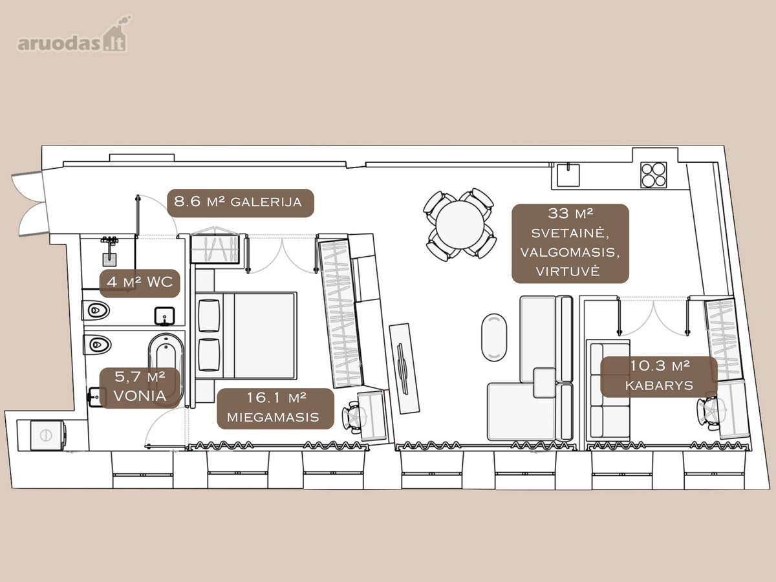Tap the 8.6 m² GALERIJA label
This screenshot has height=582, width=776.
(241, 203)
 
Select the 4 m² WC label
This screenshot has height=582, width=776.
(140, 283)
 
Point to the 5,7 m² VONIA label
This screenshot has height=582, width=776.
(140, 387)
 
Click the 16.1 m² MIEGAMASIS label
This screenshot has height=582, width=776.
(275, 409)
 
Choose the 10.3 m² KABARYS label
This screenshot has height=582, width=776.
(659, 377)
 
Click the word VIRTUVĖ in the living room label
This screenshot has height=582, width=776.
(568, 272)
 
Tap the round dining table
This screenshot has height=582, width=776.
(460, 225)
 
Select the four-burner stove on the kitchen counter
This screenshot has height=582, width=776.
(654, 175)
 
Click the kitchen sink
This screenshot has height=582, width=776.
(568, 175)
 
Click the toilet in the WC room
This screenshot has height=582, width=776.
(96, 310)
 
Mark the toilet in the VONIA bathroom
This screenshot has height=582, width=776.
(97, 345)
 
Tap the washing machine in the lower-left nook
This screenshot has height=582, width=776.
(48, 435)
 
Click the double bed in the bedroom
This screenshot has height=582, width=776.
(246, 336)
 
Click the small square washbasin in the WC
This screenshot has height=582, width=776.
(164, 316)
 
